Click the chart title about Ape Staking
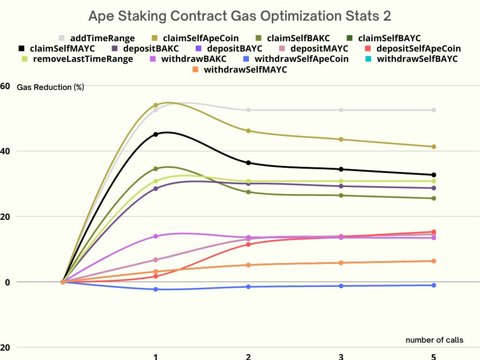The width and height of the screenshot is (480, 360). [x=240, y=16]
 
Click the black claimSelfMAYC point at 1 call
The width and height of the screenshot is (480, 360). [x=156, y=134]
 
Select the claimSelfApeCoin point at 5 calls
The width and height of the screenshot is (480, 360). [x=434, y=147]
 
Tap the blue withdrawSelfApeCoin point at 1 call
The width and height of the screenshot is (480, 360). [x=156, y=289]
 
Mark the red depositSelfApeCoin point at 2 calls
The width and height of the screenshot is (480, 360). [x=248, y=244]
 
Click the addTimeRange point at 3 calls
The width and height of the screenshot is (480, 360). [x=341, y=110]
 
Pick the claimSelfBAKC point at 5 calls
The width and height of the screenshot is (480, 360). [x=434, y=198]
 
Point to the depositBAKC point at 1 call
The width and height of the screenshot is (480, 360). [x=156, y=188]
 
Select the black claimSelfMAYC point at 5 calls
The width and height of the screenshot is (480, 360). [x=434, y=175]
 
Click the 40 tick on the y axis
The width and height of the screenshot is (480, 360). [x=5, y=151]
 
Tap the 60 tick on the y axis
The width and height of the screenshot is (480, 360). [x=5, y=86]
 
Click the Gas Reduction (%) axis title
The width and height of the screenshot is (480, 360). [x=50, y=87]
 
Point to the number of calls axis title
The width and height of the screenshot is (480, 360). [x=434, y=340]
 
